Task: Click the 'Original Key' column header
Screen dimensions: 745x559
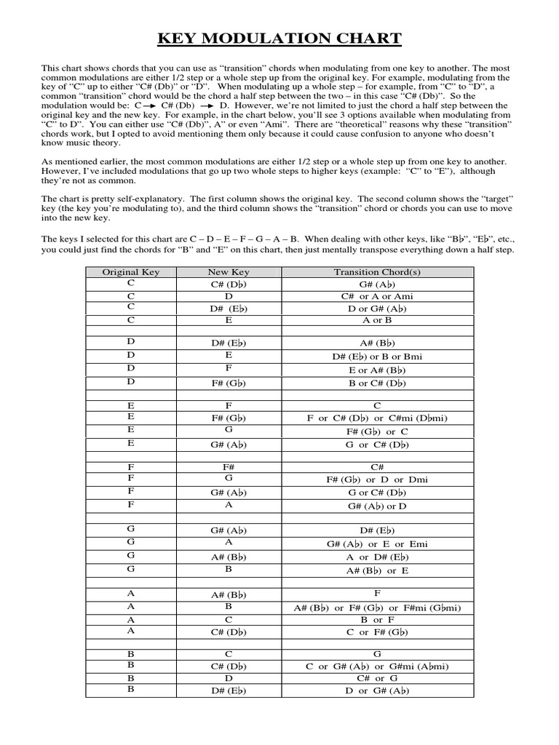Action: point(130,272)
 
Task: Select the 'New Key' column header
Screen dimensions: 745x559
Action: point(229,272)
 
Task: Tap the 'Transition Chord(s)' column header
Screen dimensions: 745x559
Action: point(377,272)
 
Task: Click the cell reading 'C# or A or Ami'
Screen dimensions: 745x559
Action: point(377,297)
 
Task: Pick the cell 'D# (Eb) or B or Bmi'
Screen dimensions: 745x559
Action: point(377,356)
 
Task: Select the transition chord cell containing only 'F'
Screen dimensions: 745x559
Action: point(377,593)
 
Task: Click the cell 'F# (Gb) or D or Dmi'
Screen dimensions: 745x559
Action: point(377,479)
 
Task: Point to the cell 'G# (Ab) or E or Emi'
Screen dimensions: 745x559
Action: point(377,543)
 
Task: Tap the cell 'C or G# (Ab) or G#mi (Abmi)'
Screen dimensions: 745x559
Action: point(377,666)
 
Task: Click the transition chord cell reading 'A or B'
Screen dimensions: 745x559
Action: point(377,319)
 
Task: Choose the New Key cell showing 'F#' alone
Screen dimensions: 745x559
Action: point(229,466)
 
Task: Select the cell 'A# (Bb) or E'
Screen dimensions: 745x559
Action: point(377,571)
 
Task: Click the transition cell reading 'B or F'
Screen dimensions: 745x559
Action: point(377,620)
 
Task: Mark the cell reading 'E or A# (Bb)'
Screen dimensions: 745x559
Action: point(377,370)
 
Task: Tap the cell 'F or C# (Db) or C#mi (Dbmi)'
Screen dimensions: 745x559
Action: point(377,418)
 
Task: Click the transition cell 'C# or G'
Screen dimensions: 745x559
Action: point(377,678)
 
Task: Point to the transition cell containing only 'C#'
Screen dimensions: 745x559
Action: point(377,466)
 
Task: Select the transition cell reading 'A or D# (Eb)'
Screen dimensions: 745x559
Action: point(377,557)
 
